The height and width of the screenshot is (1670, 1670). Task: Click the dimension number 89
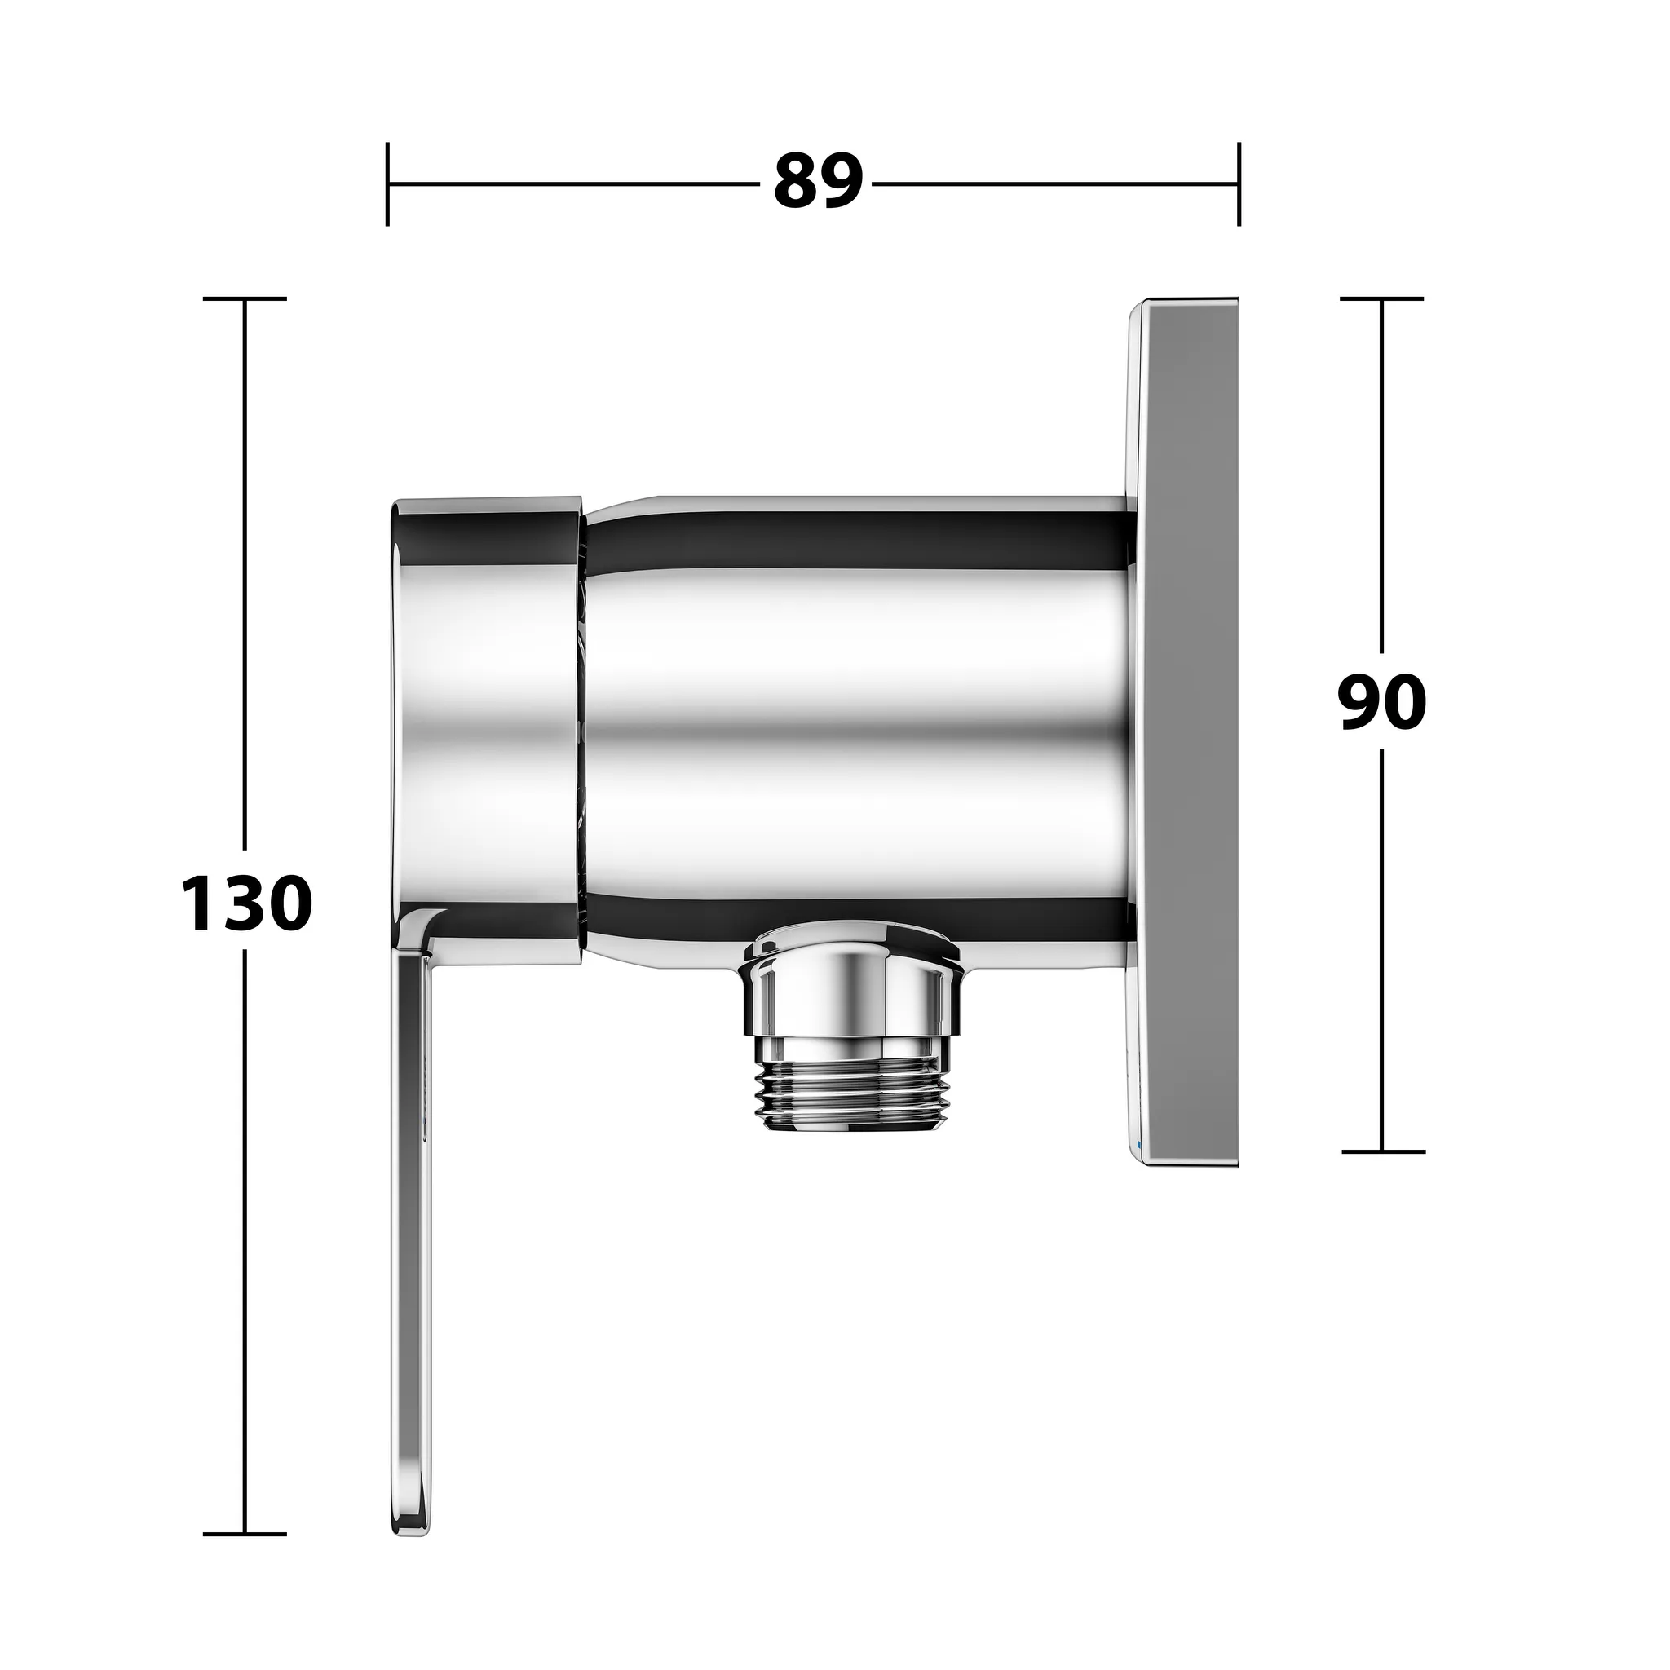[818, 183]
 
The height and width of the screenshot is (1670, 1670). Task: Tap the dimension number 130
[246, 903]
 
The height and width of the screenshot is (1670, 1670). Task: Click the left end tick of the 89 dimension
[387, 183]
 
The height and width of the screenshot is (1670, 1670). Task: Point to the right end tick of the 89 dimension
[1239, 183]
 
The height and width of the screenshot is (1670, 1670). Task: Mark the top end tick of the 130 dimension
[245, 298]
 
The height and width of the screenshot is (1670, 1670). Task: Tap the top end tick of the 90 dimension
[1382, 298]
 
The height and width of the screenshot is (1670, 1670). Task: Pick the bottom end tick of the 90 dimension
[1382, 1151]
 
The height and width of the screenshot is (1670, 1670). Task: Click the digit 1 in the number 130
[198, 903]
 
